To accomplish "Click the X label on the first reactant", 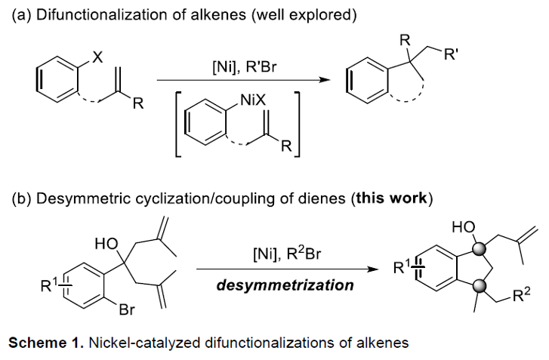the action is pyautogui.click(x=97, y=57).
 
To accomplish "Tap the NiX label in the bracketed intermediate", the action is pyautogui.click(x=253, y=101).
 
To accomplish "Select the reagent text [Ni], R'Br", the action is pyautogui.click(x=245, y=67).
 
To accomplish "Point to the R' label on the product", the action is pyautogui.click(x=451, y=54).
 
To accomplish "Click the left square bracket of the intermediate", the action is pyautogui.click(x=178, y=125).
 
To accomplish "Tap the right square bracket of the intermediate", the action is pyautogui.click(x=297, y=125).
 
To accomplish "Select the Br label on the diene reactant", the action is pyautogui.click(x=126, y=309).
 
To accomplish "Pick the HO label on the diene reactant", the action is pyautogui.click(x=106, y=244).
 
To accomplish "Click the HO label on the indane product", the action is pyautogui.click(x=464, y=227).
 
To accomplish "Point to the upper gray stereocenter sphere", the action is pyautogui.click(x=479, y=249).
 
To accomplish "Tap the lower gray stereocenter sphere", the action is pyautogui.click(x=479, y=286).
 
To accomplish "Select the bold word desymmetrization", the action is pyautogui.click(x=285, y=285).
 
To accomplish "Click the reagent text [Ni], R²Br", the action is pyautogui.click(x=286, y=254).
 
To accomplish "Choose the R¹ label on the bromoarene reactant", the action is pyautogui.click(x=48, y=285).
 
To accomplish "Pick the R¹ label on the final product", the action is pyautogui.click(x=401, y=267).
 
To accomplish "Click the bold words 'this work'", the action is pyautogui.click(x=392, y=198).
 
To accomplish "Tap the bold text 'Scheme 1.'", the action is pyautogui.click(x=46, y=343).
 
